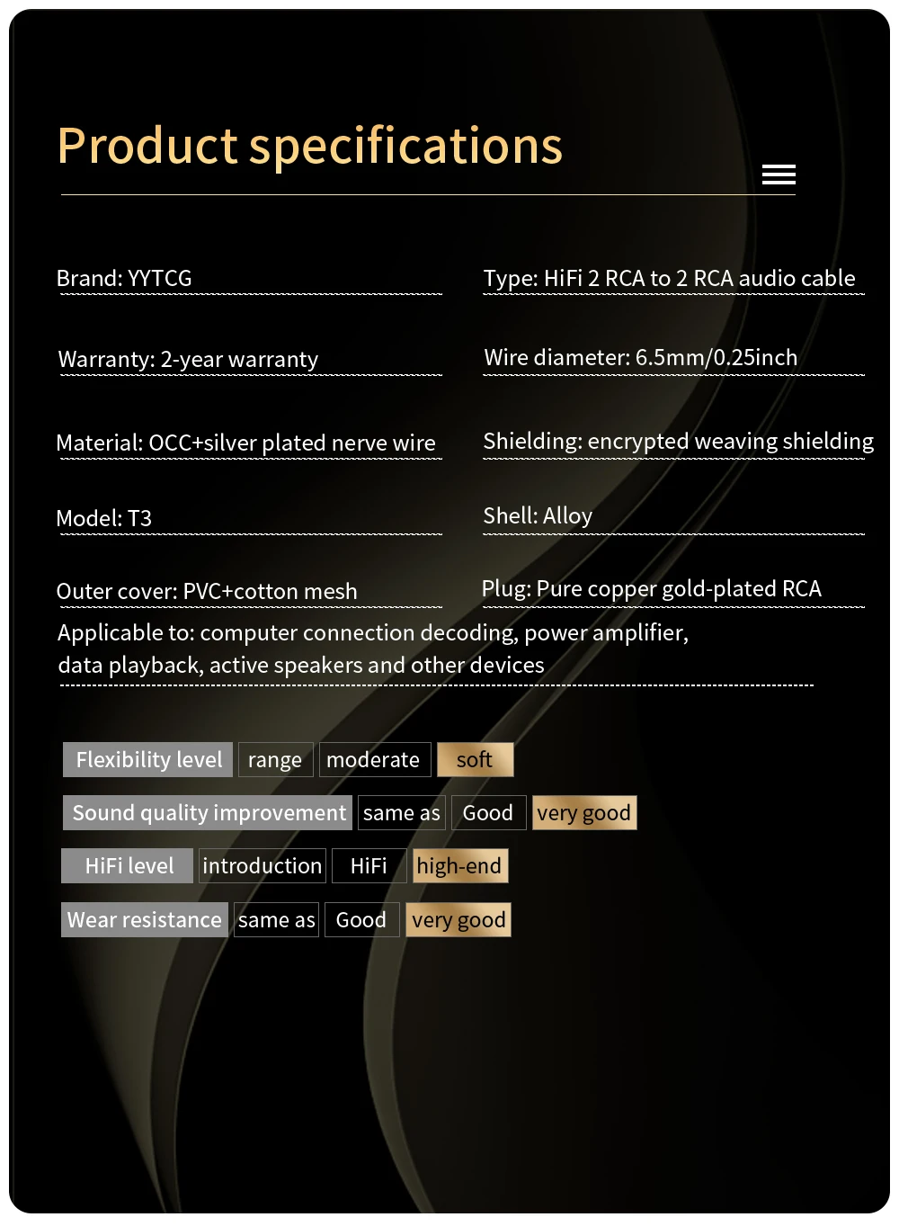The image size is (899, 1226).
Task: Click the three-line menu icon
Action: pyautogui.click(x=779, y=175)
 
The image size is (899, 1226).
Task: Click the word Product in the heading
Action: pyautogui.click(x=147, y=146)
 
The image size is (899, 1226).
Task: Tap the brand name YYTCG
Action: pyautogui.click(x=160, y=279)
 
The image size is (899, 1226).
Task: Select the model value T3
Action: pyautogui.click(x=139, y=519)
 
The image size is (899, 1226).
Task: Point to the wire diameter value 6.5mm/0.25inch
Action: pyautogui.click(x=716, y=358)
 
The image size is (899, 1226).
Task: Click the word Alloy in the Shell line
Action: pyautogui.click(x=567, y=516)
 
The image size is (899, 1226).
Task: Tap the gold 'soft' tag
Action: pyautogui.click(x=475, y=760)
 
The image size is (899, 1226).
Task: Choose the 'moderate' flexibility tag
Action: pyautogui.click(x=373, y=760)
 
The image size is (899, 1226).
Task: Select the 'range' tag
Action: pyautogui.click(x=275, y=760)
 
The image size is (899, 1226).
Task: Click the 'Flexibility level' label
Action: pyautogui.click(x=148, y=760)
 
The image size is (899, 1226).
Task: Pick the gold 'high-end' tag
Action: pyautogui.click(x=459, y=866)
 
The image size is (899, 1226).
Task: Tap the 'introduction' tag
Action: pyautogui.click(x=263, y=866)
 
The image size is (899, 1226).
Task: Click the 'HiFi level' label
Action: pyautogui.click(x=129, y=866)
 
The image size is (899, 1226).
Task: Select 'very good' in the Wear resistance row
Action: pyautogui.click(x=458, y=920)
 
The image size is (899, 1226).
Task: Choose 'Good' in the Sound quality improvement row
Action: pyautogui.click(x=488, y=813)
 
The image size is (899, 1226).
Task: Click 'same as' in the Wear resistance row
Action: pyautogui.click(x=277, y=920)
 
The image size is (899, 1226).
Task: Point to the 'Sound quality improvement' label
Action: pyautogui.click(x=209, y=813)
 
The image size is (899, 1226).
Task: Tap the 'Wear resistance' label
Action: pyautogui.click(x=145, y=920)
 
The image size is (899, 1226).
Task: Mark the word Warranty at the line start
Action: pyautogui.click(x=106, y=360)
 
